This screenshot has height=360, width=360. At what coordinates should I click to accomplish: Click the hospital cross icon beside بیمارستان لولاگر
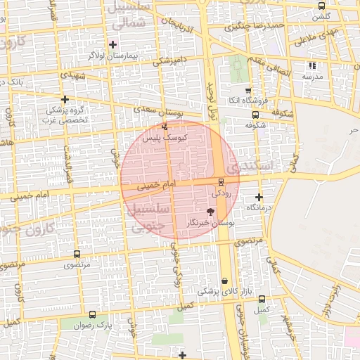point(112,44)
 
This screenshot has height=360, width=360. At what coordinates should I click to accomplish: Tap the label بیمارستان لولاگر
point(108,54)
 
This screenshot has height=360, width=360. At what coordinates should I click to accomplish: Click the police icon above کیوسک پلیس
point(165,127)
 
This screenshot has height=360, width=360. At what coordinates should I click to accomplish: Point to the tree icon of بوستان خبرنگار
point(210,211)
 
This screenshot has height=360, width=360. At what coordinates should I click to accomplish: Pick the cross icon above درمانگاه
point(259,197)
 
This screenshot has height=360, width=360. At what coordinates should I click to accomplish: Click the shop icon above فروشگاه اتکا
point(248,91)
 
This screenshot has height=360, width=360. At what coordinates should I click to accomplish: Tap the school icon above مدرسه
point(312,66)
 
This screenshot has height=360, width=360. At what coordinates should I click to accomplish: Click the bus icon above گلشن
point(321,6)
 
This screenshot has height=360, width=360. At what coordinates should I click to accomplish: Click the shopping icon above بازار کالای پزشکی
point(225,281)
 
